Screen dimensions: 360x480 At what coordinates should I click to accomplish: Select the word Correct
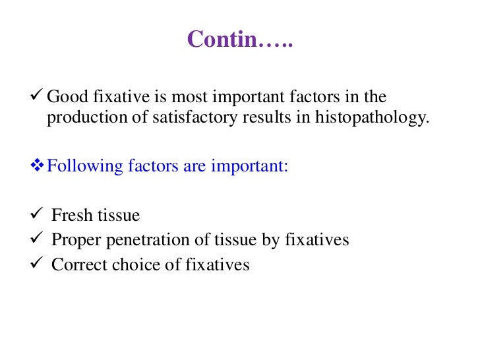click(x=76, y=265)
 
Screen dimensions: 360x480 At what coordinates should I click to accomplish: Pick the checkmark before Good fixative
click(x=38, y=97)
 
